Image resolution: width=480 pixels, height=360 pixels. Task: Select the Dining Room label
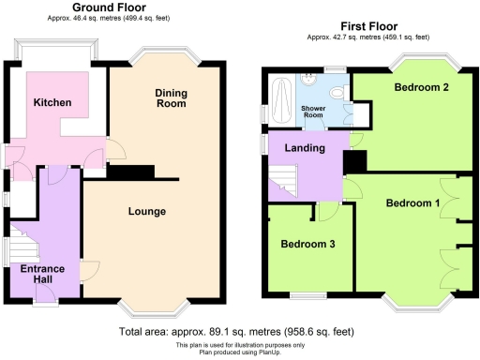click(x=170, y=97)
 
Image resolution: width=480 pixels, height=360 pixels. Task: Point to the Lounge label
click(x=147, y=211)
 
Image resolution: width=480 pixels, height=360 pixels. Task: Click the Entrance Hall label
click(x=43, y=274)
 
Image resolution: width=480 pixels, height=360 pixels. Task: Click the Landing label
click(x=305, y=148)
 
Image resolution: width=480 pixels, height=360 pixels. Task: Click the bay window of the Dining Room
click(x=166, y=58)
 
